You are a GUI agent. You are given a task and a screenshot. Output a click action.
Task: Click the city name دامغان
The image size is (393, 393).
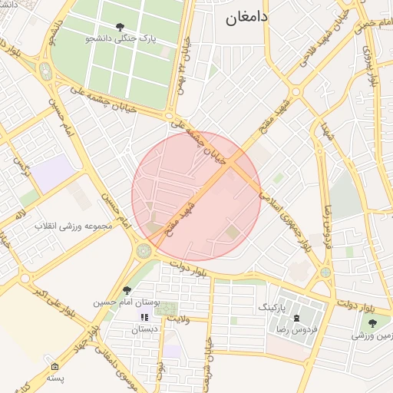(x=245, y=18)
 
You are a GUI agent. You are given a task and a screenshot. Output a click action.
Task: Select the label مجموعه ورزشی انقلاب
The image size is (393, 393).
(x=74, y=226)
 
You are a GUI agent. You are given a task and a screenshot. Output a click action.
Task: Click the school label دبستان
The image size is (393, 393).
(x=144, y=329)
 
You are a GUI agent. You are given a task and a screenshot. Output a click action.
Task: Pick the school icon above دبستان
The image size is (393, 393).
(x=144, y=317)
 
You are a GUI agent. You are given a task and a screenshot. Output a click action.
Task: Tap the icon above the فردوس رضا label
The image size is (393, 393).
(x=297, y=316)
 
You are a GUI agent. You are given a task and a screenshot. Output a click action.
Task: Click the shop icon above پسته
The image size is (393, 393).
(x=54, y=366)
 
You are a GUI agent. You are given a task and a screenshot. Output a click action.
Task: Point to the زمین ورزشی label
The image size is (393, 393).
(x=373, y=335)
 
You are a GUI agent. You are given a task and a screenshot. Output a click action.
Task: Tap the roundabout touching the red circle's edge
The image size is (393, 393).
(x=144, y=250)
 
